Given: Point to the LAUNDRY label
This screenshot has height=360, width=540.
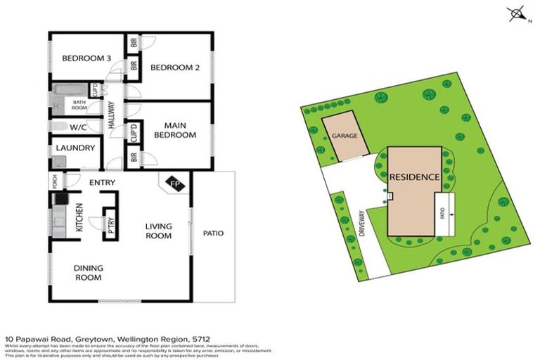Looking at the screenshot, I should (x=75, y=148).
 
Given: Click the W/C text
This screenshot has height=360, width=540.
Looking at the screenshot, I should (x=77, y=127).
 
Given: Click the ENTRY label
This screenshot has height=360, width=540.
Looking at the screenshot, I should (x=102, y=183).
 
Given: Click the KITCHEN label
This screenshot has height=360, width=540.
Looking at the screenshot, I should (x=79, y=217).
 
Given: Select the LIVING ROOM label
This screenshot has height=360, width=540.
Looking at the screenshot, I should (x=158, y=231).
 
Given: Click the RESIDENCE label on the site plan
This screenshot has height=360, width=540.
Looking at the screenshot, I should (x=415, y=177).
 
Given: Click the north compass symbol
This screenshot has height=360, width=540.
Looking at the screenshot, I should (x=517, y=13).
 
